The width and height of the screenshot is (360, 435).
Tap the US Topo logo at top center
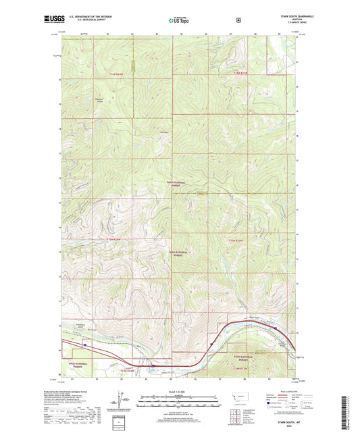pyautogui.click(x=179, y=21)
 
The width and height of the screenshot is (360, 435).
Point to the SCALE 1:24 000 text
pyautogui.click(x=179, y=392)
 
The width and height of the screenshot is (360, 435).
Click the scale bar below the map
pyautogui.click(x=179, y=400)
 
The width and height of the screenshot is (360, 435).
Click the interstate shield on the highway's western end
pyautogui.click(x=85, y=344)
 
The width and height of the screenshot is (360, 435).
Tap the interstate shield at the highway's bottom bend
pyautogui.click(x=153, y=366)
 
